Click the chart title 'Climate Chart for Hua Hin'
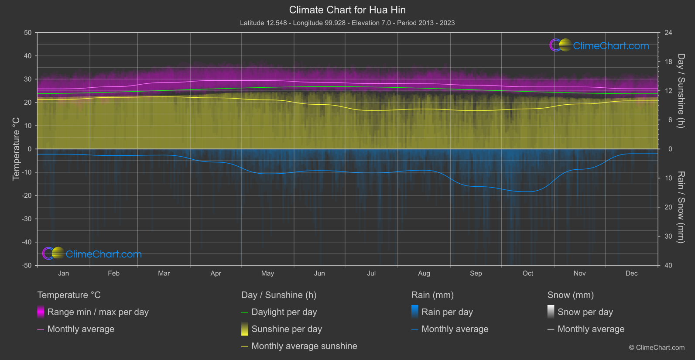coord(347,10)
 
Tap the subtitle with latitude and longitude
coord(347,23)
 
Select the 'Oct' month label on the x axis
coord(527,273)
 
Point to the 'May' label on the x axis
coord(267,273)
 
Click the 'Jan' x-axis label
coord(64,273)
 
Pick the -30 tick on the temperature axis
coord(27,219)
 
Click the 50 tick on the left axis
coord(28,33)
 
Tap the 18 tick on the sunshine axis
coord(668,62)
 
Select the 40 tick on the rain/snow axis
coord(668,265)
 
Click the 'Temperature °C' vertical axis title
coord(16,149)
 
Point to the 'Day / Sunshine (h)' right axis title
coord(681,91)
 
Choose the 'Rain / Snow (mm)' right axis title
coord(681,207)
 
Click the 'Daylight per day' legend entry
coord(284,312)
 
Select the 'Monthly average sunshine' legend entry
coord(304,346)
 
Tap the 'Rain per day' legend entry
coord(447,312)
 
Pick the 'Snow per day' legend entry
coord(585,312)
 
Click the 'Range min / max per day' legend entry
coord(98,312)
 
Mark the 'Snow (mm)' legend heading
coord(570,295)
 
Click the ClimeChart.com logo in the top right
coord(599,45)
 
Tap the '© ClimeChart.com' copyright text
coord(657,347)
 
